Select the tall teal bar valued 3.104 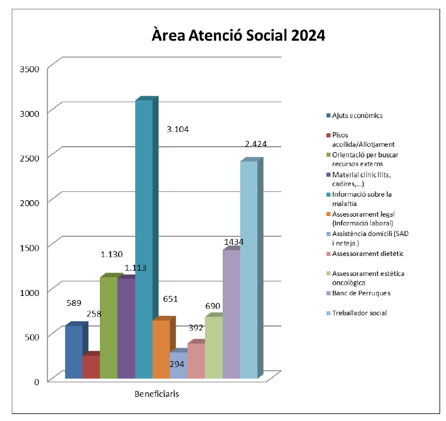coord(143,235)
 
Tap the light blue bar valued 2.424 coord(249,270)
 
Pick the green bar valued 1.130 coord(108,329)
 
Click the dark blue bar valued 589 coord(73,352)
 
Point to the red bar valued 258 coord(90,367)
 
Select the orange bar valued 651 coord(161,349)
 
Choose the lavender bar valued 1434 coord(231,314)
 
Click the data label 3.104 coord(178,129)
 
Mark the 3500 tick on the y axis coord(28,69)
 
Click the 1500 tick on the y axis coord(28,247)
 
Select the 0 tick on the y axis coord(36,381)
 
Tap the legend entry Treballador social coord(359,313)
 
